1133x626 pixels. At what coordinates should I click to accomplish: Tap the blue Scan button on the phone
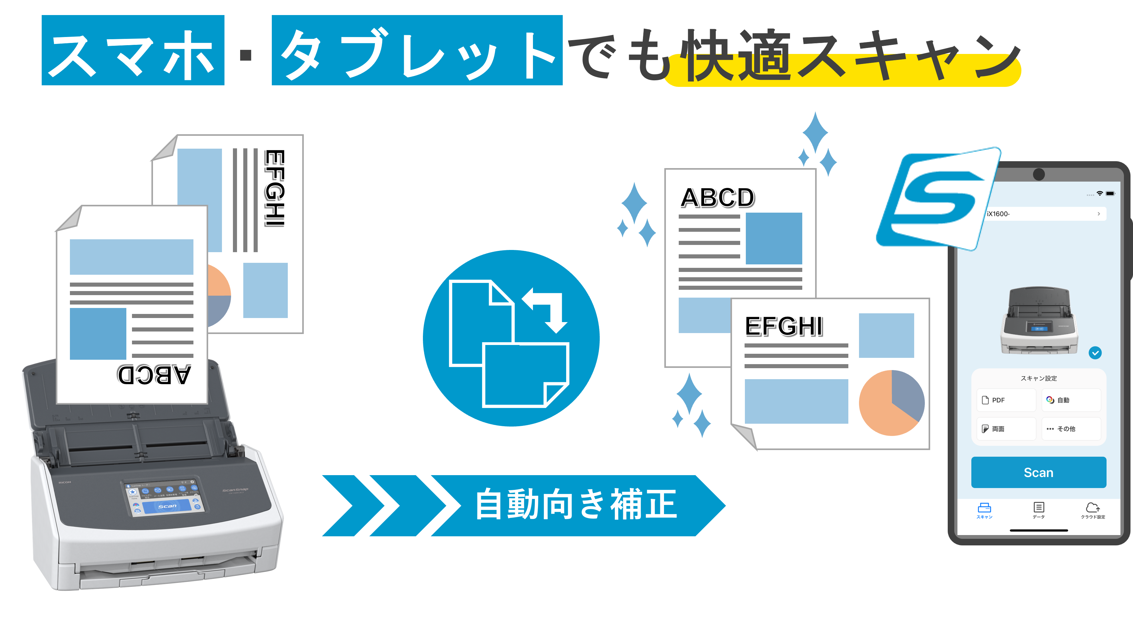pyautogui.click(x=1038, y=472)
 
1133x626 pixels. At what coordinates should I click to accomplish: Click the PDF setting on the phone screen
pyautogui.click(x=1006, y=400)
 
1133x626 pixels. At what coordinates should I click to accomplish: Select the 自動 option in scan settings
pyautogui.click(x=1071, y=400)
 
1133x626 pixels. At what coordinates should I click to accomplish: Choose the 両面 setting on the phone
pyautogui.click(x=1006, y=428)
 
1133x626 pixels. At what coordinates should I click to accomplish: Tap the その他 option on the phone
pyautogui.click(x=1071, y=428)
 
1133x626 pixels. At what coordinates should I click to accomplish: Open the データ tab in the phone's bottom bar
pyautogui.click(x=1038, y=510)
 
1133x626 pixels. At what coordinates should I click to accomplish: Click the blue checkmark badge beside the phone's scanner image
pyautogui.click(x=1095, y=353)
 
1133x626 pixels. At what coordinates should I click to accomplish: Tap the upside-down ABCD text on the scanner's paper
pyautogui.click(x=154, y=374)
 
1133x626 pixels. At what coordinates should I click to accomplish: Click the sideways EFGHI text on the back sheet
pyautogui.click(x=275, y=188)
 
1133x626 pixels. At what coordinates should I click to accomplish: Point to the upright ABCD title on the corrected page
pyautogui.click(x=717, y=198)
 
